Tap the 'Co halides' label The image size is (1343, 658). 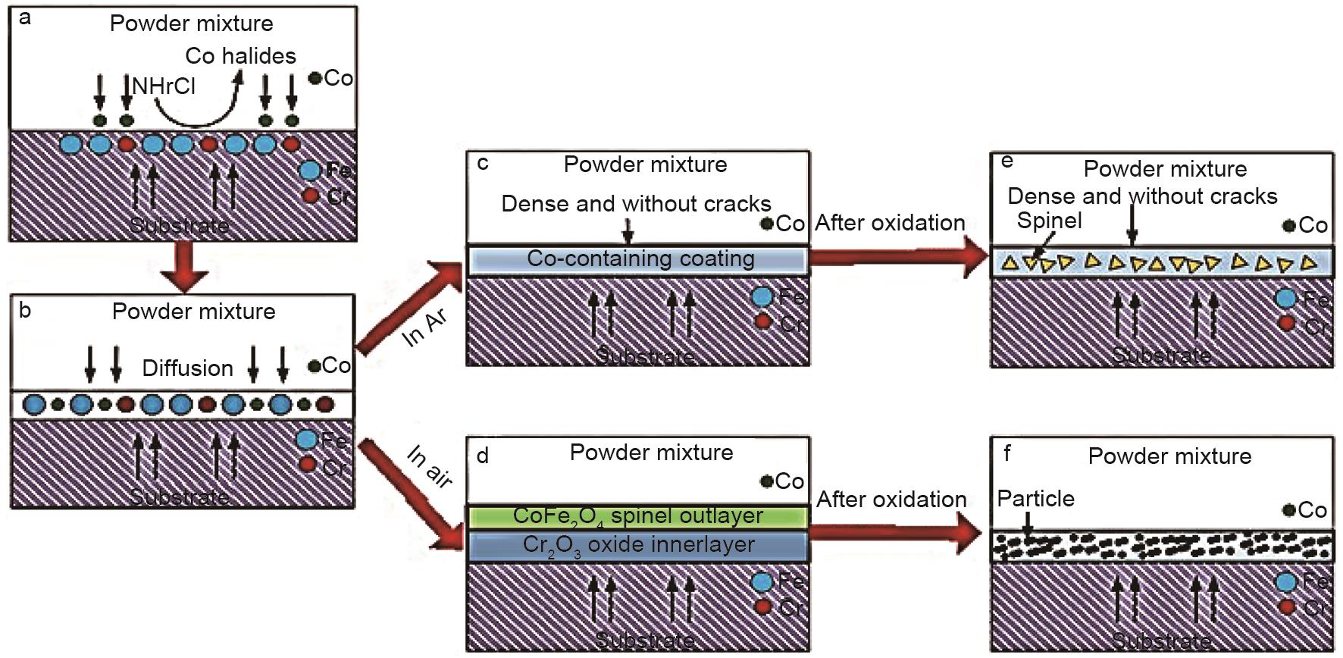click(x=240, y=56)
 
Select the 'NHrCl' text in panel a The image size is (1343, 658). click(x=164, y=86)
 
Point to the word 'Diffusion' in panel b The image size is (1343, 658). click(x=188, y=368)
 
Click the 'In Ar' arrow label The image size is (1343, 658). click(x=425, y=328)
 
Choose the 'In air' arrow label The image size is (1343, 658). click(x=430, y=465)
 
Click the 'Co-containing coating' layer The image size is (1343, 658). click(x=640, y=259)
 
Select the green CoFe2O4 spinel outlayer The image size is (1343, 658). click(x=637, y=516)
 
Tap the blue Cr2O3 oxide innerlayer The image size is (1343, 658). click(x=638, y=546)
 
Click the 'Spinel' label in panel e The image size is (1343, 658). click(x=1049, y=221)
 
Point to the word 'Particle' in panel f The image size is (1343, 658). click(x=1035, y=499)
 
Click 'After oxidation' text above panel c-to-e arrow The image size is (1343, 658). click(x=890, y=223)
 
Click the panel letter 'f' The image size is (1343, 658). click(x=1007, y=453)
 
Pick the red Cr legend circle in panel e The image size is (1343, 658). click(x=1286, y=324)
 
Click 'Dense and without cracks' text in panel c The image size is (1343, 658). click(x=636, y=204)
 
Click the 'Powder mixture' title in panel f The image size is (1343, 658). click(x=1169, y=456)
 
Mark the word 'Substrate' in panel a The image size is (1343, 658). click(x=179, y=225)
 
